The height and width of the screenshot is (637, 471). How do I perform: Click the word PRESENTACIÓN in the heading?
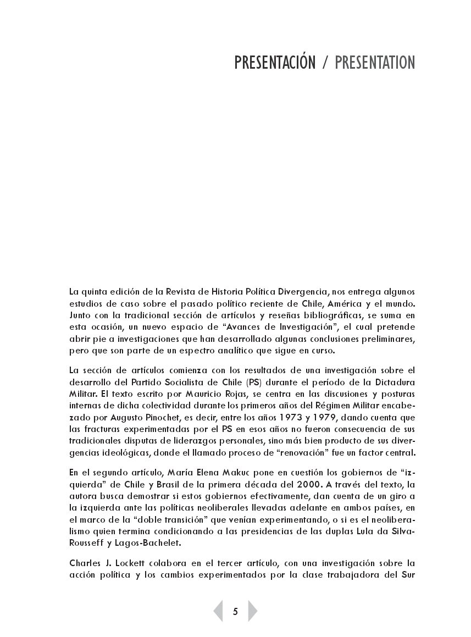click(x=275, y=63)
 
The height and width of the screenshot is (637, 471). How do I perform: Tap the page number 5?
click(x=235, y=611)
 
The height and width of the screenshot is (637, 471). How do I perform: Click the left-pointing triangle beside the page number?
click(x=219, y=611)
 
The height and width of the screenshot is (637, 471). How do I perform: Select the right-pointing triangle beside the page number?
click(x=252, y=611)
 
